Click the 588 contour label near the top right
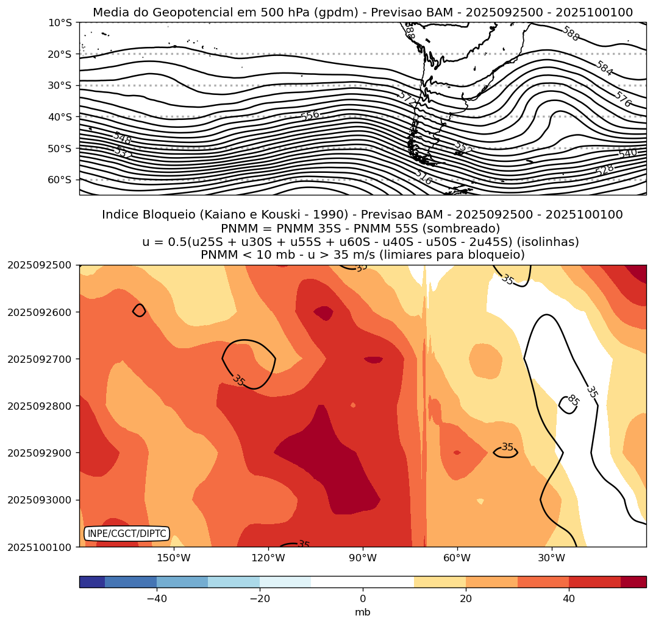tap(571, 33)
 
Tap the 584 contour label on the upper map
tap(604, 68)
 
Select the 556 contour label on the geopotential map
tap(310, 116)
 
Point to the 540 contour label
tap(627, 153)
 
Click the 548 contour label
tap(122, 138)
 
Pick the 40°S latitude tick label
tap(60, 117)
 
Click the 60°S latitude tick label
tap(60, 180)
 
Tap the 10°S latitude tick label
tap(60, 23)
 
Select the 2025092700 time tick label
tap(38, 359)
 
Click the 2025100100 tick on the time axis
tap(38, 547)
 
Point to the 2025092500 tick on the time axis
tap(38, 265)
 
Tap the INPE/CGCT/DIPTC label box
tap(127, 534)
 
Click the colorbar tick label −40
tap(157, 599)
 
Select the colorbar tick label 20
tap(466, 599)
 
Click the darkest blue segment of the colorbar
tap(92, 582)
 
